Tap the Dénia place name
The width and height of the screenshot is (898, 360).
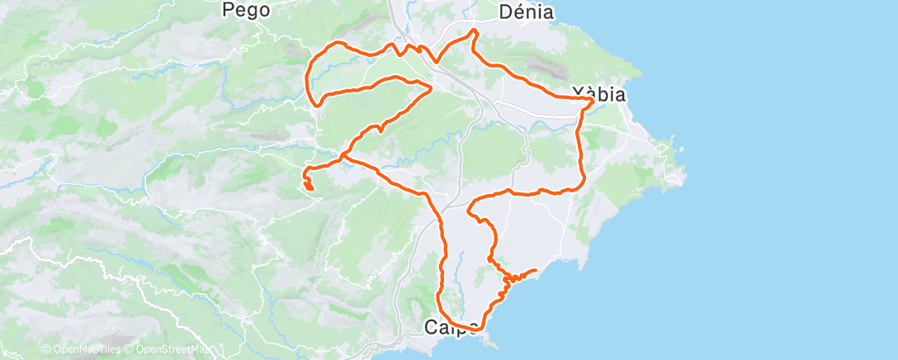527,12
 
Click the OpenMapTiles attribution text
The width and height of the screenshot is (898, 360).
86,350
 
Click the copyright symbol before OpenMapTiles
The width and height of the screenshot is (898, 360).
45,350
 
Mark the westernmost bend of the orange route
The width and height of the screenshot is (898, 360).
308,80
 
